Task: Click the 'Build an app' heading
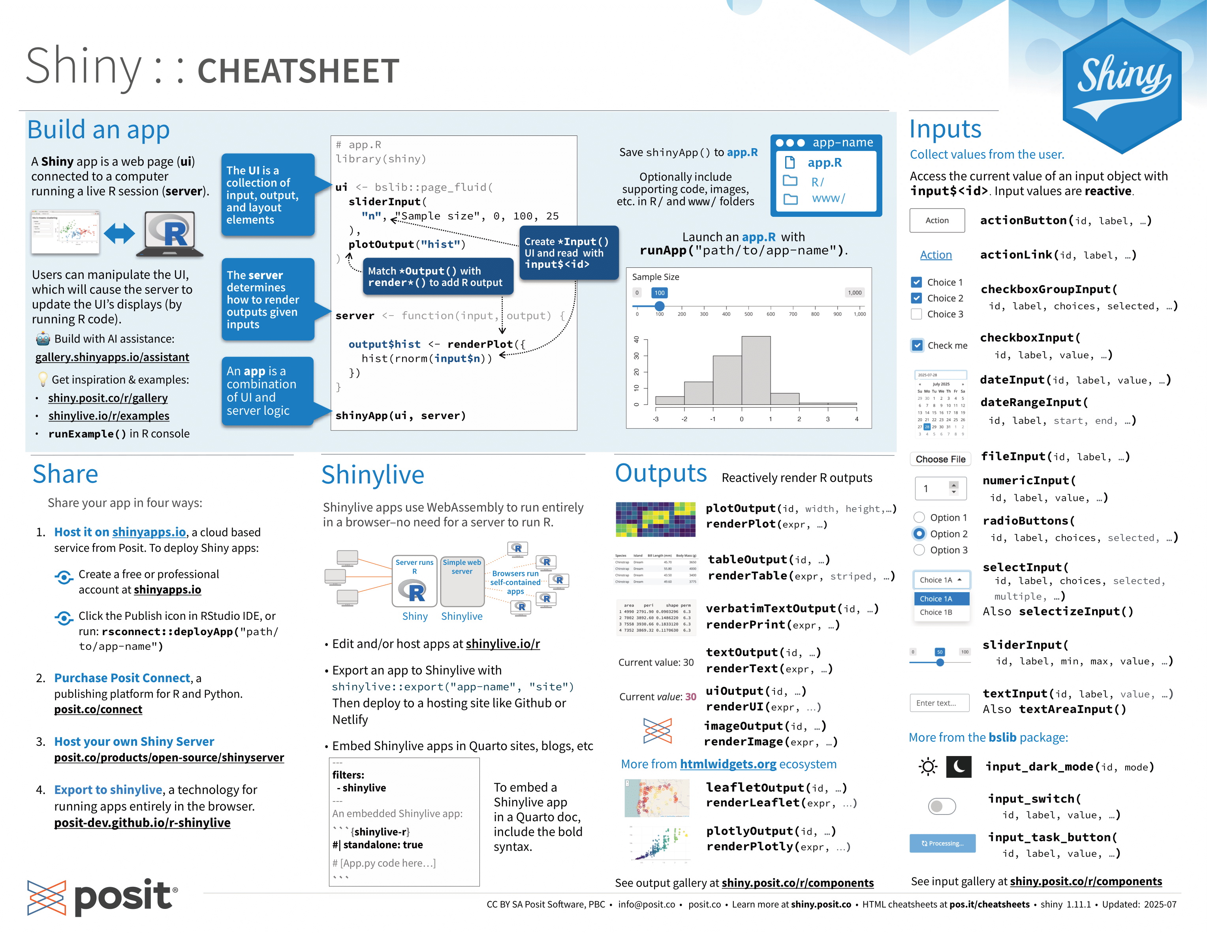98,130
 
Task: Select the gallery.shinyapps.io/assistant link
112,357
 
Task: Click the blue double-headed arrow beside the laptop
119,233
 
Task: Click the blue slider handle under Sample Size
659,306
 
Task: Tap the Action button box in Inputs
937,220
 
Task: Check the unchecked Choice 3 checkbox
916,314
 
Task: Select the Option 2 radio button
919,533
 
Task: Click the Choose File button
940,459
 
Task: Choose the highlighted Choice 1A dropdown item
941,598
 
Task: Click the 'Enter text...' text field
940,702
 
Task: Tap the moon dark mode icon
958,767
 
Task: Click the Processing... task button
942,843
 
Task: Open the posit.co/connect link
98,709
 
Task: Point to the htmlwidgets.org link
728,764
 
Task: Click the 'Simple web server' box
462,580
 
